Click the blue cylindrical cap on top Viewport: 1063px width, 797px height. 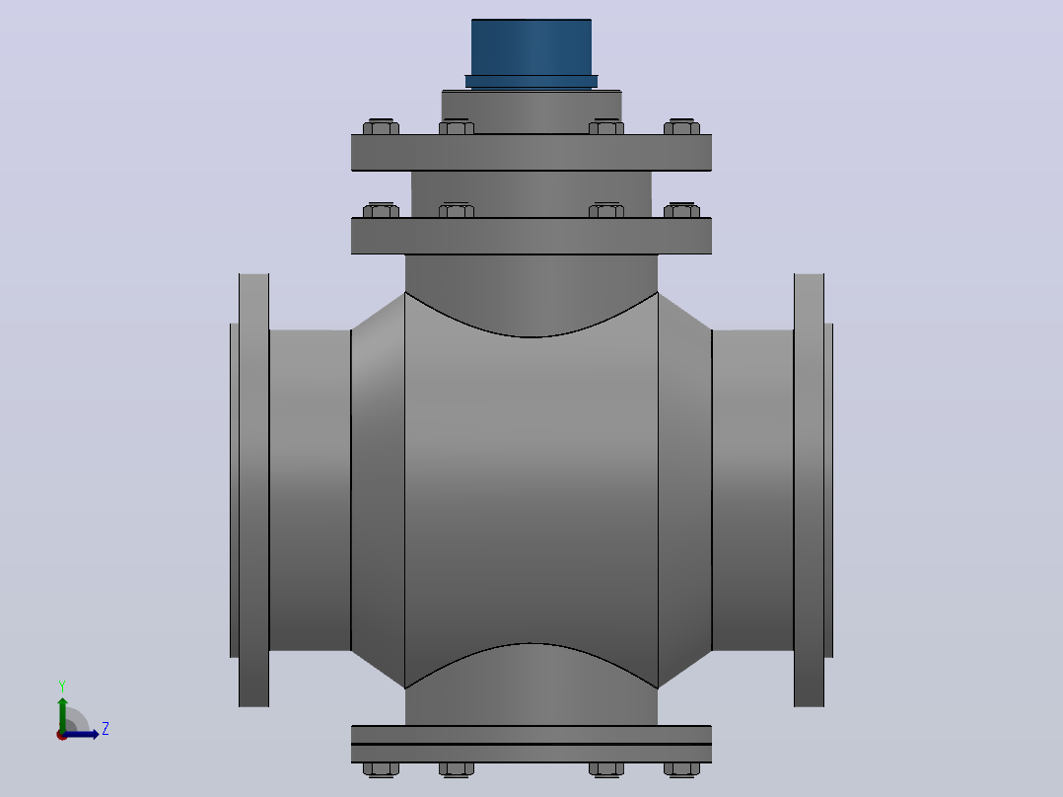coord(531,47)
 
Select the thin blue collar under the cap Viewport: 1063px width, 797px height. coord(531,82)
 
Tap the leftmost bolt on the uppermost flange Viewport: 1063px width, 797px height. coord(381,127)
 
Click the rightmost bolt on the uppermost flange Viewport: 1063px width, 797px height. coord(682,127)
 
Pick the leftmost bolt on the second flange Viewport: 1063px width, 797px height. coord(381,210)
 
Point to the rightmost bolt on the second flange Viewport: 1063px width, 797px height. coord(682,210)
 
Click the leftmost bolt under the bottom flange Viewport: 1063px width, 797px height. coord(381,769)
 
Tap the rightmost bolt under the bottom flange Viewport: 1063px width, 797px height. coord(682,769)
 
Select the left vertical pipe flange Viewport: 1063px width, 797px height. coord(253,489)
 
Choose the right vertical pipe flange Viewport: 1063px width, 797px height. coord(809,489)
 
